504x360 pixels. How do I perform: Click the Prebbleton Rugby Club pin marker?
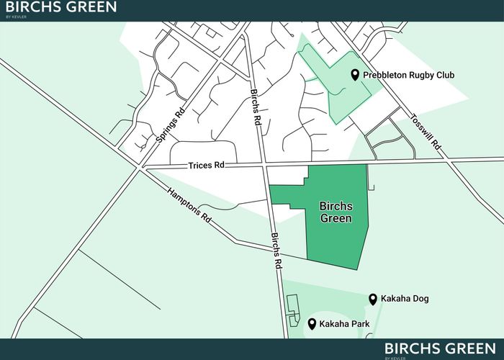(x=355, y=75)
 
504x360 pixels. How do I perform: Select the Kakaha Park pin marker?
(x=312, y=323)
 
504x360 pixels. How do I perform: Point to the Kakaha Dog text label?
(x=405, y=299)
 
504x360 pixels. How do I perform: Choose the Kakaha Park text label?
(x=344, y=324)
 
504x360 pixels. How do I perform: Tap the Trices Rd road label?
(x=207, y=165)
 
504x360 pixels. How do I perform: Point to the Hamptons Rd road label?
(x=188, y=205)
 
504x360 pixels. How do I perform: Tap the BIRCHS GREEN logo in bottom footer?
(x=440, y=349)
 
